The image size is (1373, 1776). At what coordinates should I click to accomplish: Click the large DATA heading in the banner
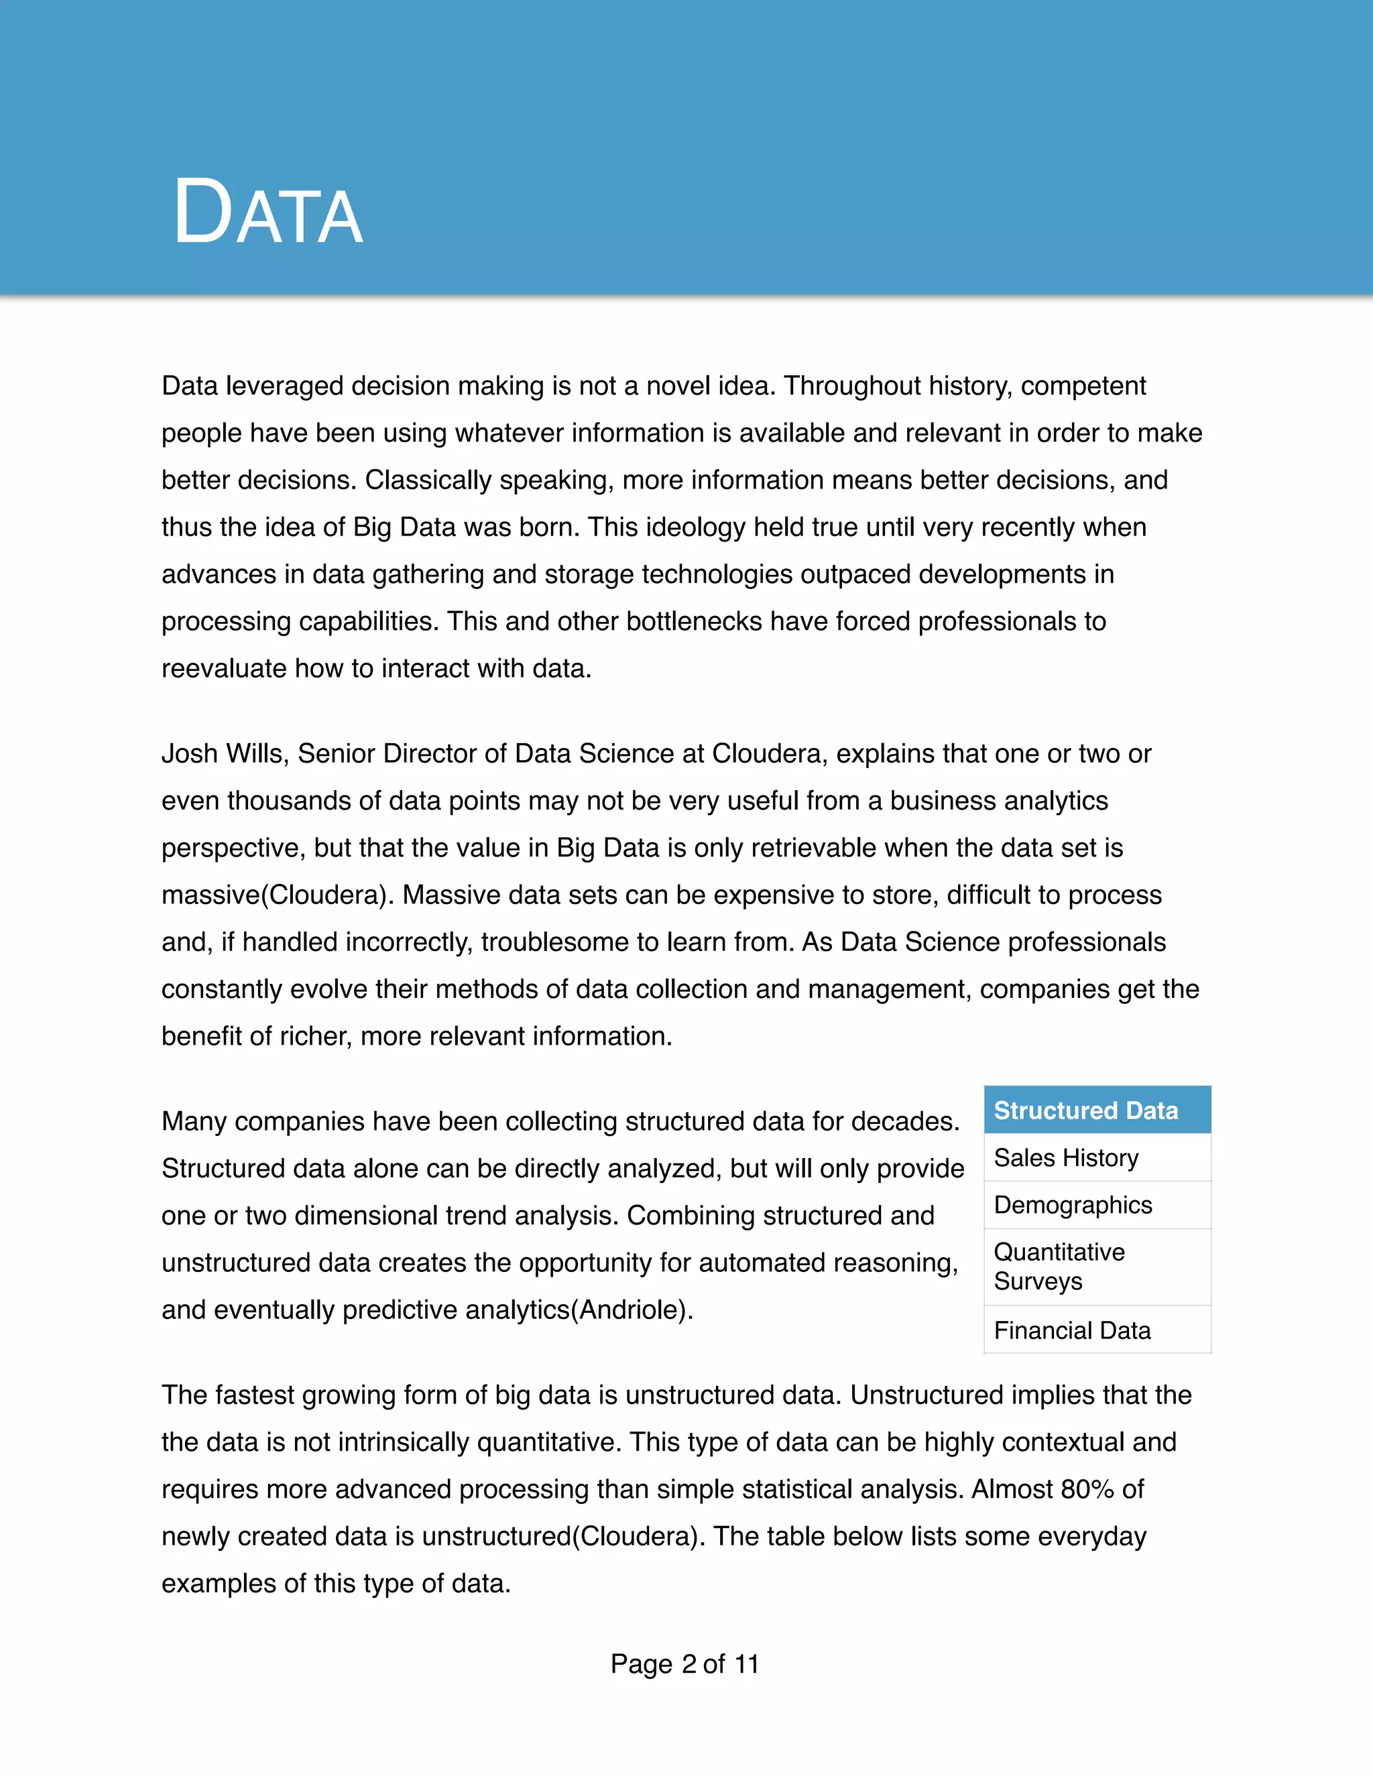tap(267, 213)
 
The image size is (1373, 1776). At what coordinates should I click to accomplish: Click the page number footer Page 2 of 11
tap(685, 1665)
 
